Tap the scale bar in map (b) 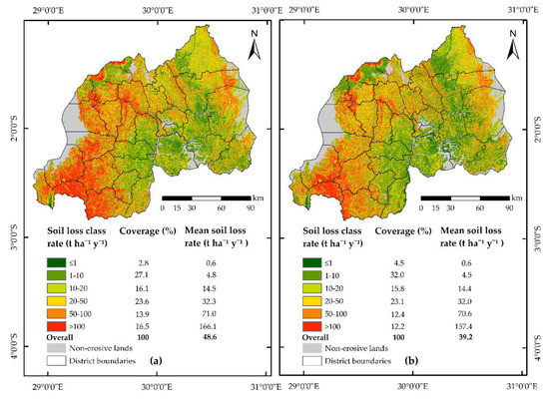click(469, 198)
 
